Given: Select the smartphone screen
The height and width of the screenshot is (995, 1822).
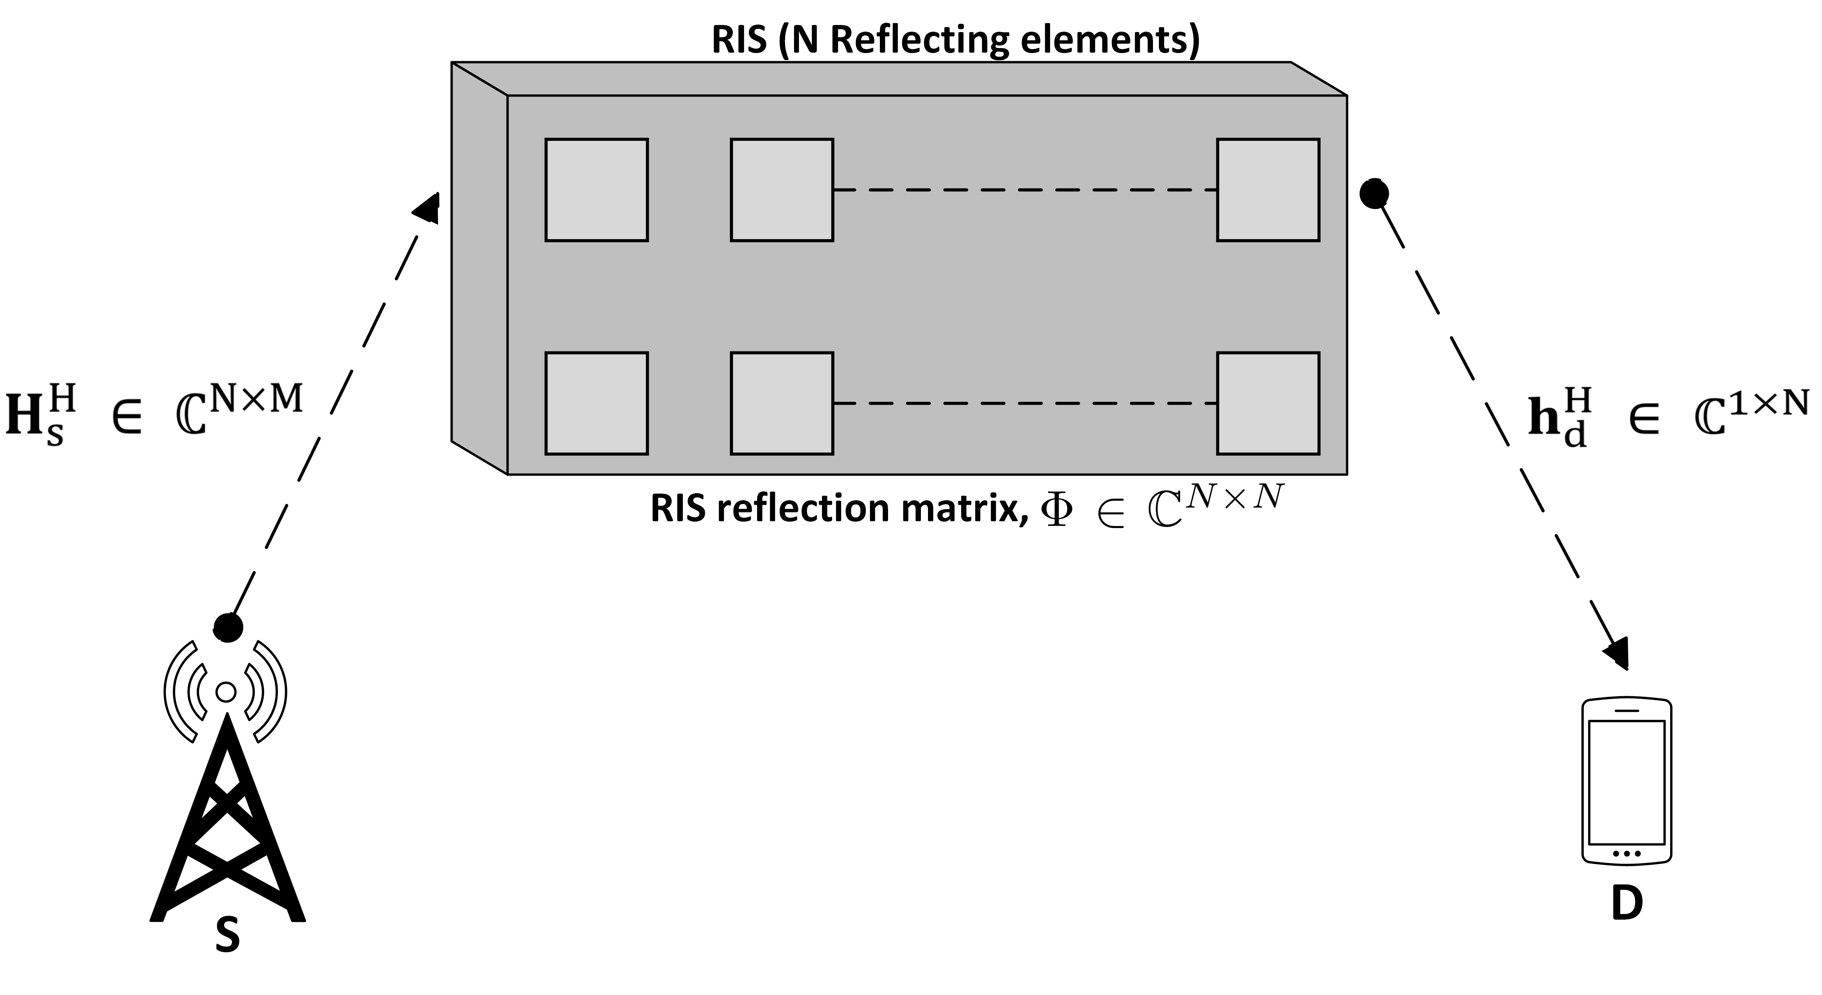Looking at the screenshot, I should click(x=1626, y=782).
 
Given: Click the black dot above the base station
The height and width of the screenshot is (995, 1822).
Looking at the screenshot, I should click(x=228, y=626).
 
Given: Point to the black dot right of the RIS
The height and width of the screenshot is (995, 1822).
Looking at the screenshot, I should click(x=1373, y=193).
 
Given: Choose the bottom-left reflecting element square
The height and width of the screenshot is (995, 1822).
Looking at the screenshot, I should click(x=596, y=403).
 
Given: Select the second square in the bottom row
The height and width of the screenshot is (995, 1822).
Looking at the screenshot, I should click(x=782, y=403).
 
